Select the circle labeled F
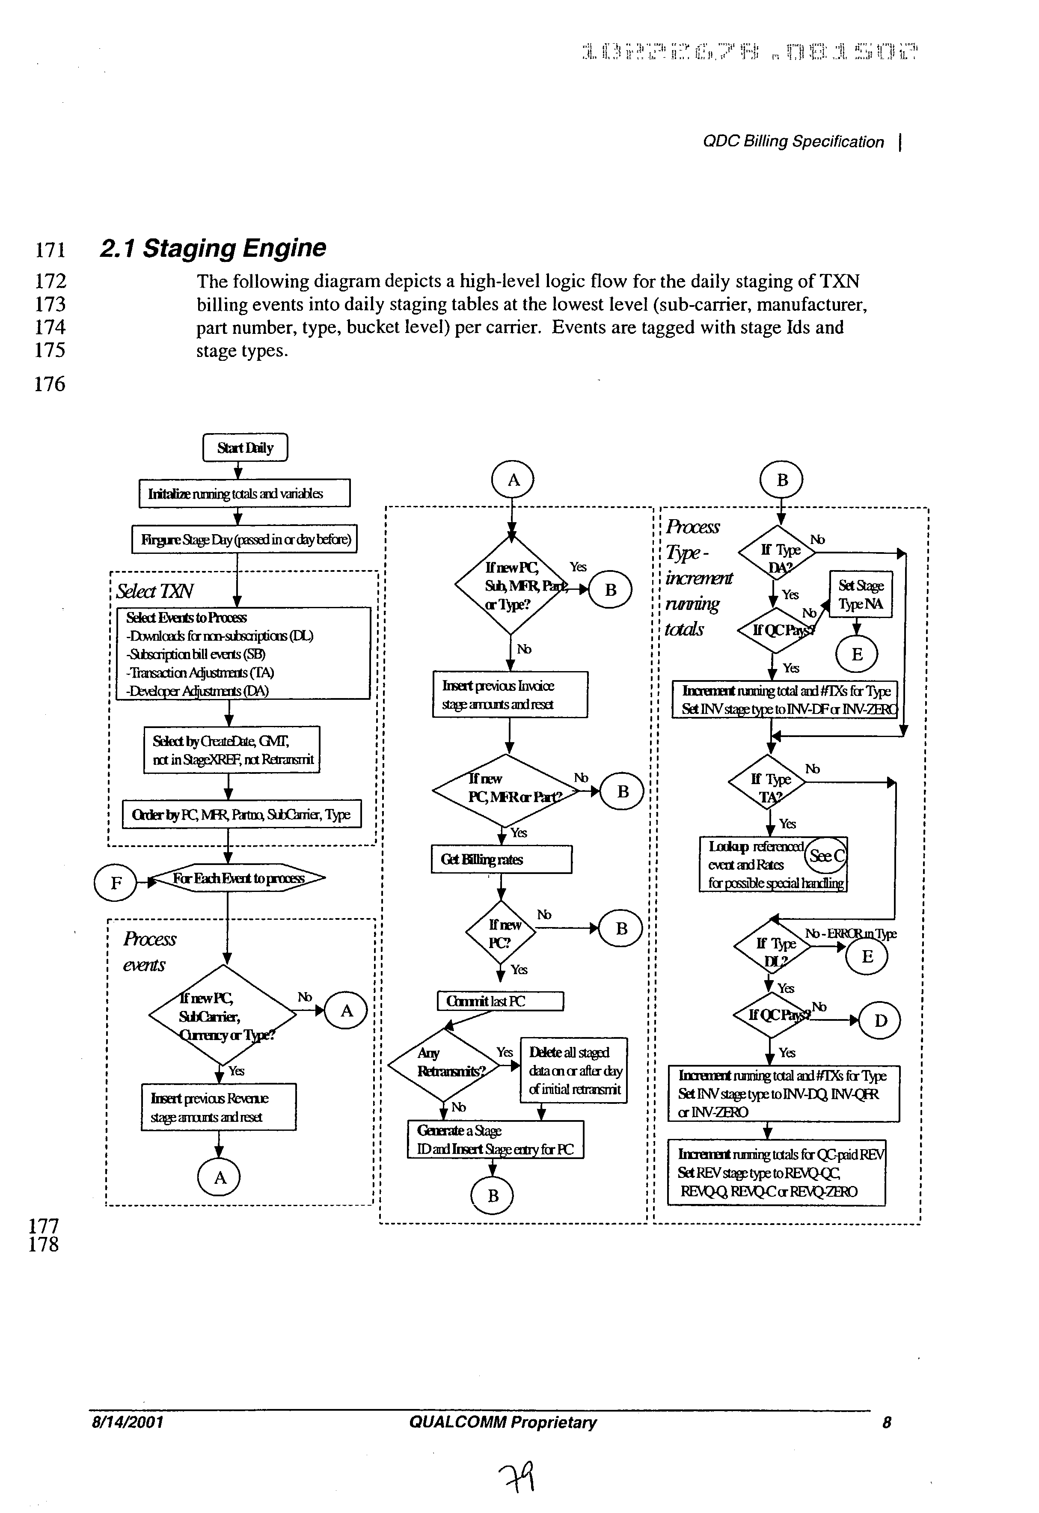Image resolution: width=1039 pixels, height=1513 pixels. click(x=116, y=883)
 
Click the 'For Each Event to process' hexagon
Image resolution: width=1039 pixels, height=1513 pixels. click(x=238, y=878)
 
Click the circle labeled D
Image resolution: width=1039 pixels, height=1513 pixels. click(x=880, y=1021)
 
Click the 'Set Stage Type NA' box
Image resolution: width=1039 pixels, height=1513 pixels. click(x=860, y=594)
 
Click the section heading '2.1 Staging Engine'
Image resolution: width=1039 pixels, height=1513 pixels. click(x=213, y=248)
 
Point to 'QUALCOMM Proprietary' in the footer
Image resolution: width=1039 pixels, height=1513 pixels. click(x=502, y=1422)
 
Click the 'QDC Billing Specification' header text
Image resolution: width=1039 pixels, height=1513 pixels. click(x=793, y=142)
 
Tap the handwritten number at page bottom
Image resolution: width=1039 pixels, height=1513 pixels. click(x=517, y=1476)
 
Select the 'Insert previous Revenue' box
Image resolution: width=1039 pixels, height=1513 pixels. click(x=219, y=1107)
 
